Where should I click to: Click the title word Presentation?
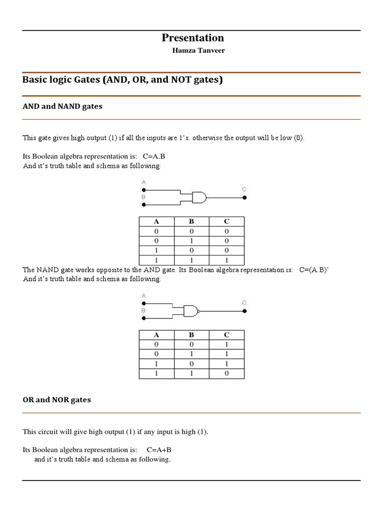pos(192,38)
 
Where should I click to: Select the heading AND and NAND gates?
pos(62,106)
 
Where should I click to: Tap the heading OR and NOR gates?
pos(57,400)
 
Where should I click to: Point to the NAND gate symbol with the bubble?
pos(191,311)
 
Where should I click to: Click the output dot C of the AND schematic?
pos(244,198)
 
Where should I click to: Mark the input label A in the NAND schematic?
pos(144,295)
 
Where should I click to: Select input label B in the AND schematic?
pos(144,197)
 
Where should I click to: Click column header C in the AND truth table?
pos(226,222)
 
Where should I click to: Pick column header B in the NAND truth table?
pos(191,335)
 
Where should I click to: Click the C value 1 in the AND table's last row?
pos(226,260)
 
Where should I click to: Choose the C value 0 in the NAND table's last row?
pos(226,373)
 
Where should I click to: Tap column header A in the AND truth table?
pos(157,222)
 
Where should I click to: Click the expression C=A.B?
pos(154,156)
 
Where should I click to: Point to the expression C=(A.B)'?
pos(314,270)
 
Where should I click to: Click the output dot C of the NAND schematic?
pos(244,311)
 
